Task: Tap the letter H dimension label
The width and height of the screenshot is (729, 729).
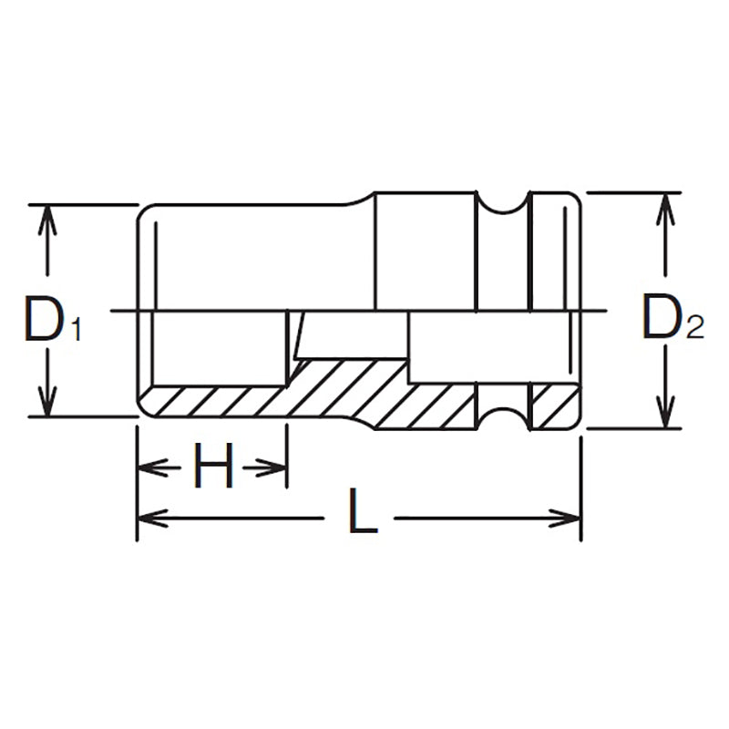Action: click(212, 467)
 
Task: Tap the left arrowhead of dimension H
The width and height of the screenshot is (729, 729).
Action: click(146, 468)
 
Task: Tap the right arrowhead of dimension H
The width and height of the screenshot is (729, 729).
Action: click(277, 468)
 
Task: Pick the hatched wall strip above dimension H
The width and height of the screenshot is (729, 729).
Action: click(214, 400)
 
